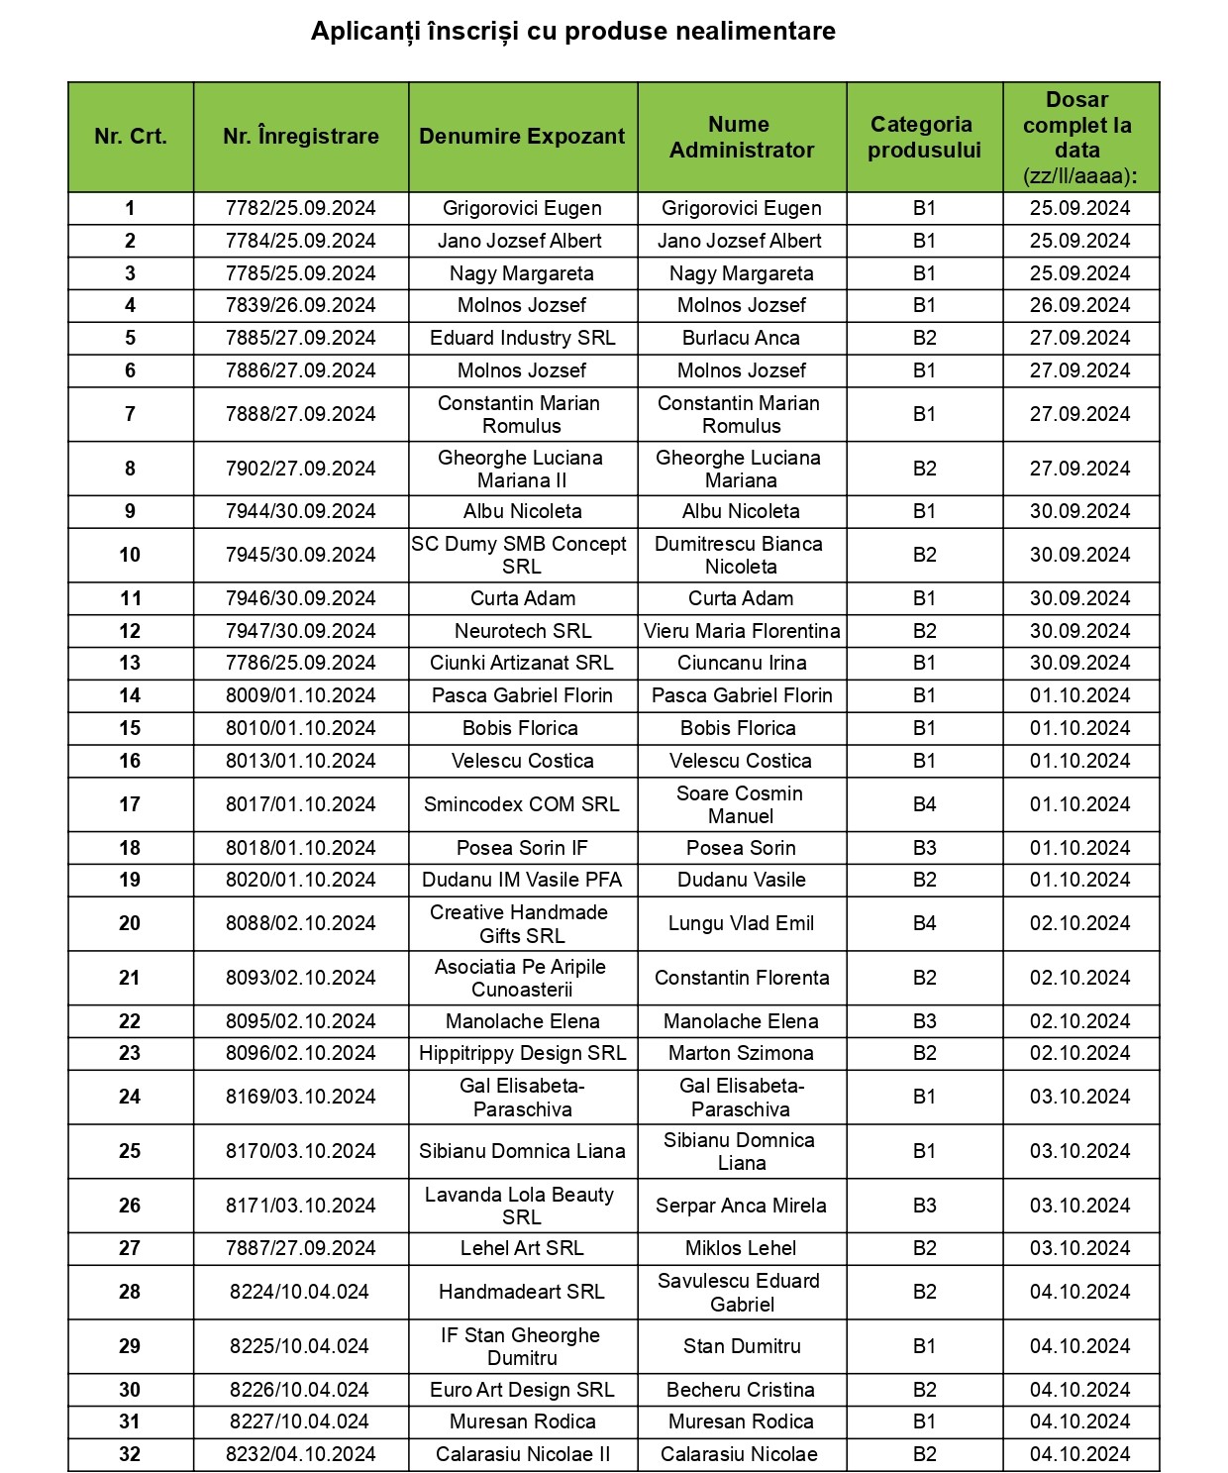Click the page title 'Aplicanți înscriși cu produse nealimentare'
[572, 32]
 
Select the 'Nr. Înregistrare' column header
[301, 137]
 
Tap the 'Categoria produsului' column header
[923, 137]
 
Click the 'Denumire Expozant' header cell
[522, 137]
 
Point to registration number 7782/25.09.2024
[301, 208]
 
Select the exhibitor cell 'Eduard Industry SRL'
[522, 338]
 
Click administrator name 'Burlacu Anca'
[741, 338]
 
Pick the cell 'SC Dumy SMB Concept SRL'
[521, 555]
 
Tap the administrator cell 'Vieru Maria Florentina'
[742, 631]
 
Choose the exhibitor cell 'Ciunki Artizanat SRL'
[522, 663]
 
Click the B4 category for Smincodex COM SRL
[924, 804]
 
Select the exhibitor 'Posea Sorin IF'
[522, 848]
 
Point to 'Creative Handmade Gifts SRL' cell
[521, 923]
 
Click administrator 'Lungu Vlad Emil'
[741, 923]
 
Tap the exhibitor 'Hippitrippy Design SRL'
[522, 1053]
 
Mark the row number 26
[130, 1206]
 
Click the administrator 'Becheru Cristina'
[741, 1390]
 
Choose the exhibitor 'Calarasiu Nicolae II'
[522, 1454]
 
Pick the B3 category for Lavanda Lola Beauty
[924, 1206]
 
